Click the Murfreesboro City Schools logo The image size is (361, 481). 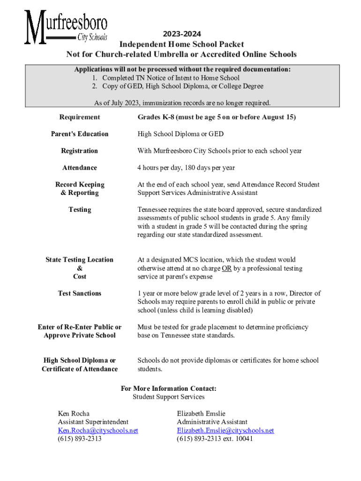(66, 28)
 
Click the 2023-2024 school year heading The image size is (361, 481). (182, 34)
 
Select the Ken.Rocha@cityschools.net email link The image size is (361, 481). (98, 430)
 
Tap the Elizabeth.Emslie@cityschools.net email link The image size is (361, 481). (226, 430)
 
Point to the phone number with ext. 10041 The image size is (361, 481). (215, 439)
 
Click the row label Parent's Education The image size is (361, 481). (80, 134)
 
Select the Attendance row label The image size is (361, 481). (80, 168)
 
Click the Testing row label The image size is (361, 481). (80, 209)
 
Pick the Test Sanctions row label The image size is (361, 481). (80, 293)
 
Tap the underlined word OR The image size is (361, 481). (227, 268)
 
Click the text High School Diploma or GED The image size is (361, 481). (180, 134)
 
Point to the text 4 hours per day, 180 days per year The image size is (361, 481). (186, 168)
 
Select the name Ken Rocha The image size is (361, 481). (74, 413)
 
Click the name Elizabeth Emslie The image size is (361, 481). (201, 413)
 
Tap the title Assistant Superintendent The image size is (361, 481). (93, 422)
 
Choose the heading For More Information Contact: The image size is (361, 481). (169, 388)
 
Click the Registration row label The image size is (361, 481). (80, 151)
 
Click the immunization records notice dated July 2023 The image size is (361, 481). (182, 103)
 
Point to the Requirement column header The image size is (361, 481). (80, 117)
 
